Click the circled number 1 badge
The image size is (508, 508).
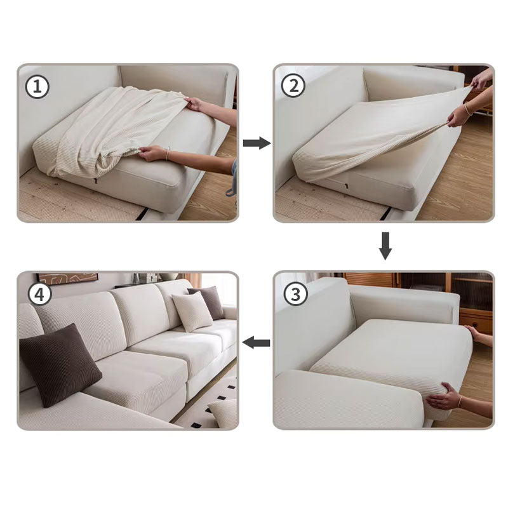(37, 87)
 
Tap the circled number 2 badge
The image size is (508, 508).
(293, 87)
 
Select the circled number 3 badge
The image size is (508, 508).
(293, 294)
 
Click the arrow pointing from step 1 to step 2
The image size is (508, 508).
(256, 143)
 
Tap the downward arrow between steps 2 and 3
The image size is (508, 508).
(385, 246)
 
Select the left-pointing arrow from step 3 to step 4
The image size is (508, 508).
(256, 343)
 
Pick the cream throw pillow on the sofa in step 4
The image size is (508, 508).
(191, 311)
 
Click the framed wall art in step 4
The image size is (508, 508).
(67, 277)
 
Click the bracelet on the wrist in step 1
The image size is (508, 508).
(167, 154)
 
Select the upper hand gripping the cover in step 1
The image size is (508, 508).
(193, 103)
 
